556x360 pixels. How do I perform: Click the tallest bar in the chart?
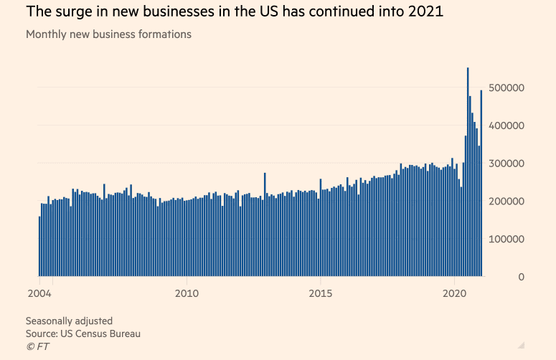(x=468, y=172)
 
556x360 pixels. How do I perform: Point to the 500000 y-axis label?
(x=506, y=87)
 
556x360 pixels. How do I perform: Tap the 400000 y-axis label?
(x=506, y=125)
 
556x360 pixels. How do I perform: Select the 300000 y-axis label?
(x=506, y=164)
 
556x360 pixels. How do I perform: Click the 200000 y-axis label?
(x=506, y=202)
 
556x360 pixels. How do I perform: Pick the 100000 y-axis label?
(x=506, y=239)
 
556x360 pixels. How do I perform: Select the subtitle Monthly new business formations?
(x=108, y=34)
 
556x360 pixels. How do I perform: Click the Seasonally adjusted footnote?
(x=69, y=321)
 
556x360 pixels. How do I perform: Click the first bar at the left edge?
(x=39, y=246)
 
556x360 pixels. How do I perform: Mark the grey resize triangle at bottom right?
(x=522, y=344)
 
